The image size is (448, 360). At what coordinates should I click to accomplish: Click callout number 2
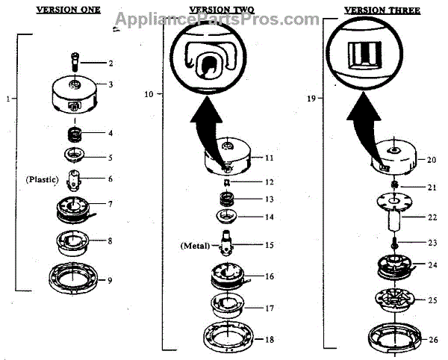pyautogui.click(x=111, y=63)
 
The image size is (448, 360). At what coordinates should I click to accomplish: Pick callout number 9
pyautogui.click(x=110, y=280)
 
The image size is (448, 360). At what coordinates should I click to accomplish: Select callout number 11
pyautogui.click(x=269, y=158)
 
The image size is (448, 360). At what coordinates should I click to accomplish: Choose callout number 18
pyautogui.click(x=269, y=339)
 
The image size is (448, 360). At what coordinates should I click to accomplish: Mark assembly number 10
pyautogui.click(x=149, y=95)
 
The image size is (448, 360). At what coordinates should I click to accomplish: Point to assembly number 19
pyautogui.click(x=311, y=99)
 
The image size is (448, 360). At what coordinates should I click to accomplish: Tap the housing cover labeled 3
pyautogui.click(x=74, y=94)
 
